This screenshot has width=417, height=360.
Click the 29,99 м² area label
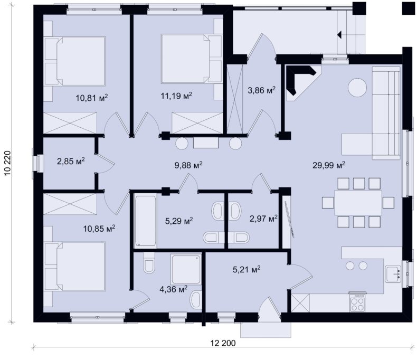click(329, 165)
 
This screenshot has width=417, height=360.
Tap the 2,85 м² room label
click(71, 161)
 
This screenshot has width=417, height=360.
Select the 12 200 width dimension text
click(223, 343)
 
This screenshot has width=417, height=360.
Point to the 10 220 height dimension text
click(7, 163)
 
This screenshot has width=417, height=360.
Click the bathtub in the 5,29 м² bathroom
click(145, 221)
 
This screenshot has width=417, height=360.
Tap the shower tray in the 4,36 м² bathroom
click(186, 269)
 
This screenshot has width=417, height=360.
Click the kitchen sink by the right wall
click(393, 274)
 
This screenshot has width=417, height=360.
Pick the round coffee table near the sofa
click(357, 88)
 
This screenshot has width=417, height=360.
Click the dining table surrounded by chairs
click(358, 203)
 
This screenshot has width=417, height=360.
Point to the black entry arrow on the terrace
click(339, 35)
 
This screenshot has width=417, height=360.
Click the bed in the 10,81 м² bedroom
click(75, 61)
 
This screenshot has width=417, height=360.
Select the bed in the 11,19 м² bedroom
click(191, 59)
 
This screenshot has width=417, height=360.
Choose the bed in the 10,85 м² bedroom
click(75, 267)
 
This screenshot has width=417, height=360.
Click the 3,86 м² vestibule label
click(261, 90)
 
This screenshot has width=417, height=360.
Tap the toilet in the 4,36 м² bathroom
click(149, 263)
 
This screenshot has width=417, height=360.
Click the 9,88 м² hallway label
click(188, 165)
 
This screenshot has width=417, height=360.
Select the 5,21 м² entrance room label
click(247, 269)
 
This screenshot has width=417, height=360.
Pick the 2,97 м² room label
click(263, 219)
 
